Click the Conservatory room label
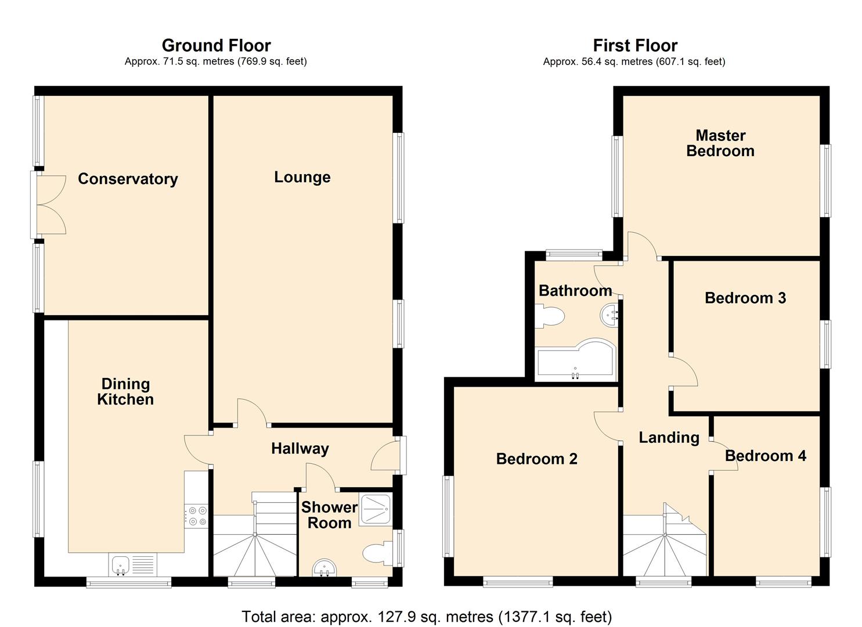128,179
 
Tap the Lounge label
302,177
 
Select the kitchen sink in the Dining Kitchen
133,564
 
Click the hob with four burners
197,516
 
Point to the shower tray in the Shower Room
376,509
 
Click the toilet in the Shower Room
377,553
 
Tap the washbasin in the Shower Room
324,568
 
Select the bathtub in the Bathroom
576,359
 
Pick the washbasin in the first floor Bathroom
609,315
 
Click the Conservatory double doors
49,205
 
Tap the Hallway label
300,449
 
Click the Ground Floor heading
217,45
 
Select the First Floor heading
635,45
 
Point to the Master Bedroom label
720,143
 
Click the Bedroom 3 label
745,298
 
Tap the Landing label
669,438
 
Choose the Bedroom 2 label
536,459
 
